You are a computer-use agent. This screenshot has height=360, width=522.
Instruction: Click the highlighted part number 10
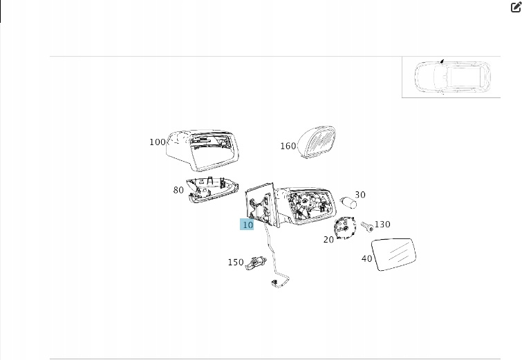[247, 225]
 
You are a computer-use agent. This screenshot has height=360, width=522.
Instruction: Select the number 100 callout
[158, 142]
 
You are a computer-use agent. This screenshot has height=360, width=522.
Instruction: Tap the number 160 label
[288, 146]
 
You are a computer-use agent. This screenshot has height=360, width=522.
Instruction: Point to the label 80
[178, 190]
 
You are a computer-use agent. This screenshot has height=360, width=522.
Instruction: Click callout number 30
[360, 195]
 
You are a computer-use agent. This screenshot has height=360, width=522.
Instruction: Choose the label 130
[382, 225]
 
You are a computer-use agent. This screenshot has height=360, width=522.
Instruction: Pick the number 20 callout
[328, 240]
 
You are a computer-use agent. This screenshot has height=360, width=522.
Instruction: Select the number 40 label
[367, 258]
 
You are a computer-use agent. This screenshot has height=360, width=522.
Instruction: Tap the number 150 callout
[236, 262]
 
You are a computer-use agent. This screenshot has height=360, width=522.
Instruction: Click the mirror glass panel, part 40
[394, 254]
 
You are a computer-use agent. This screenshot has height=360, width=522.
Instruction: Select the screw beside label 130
[367, 227]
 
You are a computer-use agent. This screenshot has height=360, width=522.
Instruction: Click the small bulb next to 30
[348, 202]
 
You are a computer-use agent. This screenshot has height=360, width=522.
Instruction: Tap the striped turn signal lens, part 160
[317, 142]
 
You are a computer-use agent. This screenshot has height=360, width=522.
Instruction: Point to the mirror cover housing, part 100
[203, 151]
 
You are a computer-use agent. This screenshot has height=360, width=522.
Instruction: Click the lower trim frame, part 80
[212, 189]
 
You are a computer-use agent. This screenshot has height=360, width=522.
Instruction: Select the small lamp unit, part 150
[256, 263]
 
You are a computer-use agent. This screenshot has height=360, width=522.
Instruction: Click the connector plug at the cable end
[275, 283]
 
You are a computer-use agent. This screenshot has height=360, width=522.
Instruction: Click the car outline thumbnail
[452, 77]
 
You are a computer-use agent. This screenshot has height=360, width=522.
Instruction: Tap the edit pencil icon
[516, 8]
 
